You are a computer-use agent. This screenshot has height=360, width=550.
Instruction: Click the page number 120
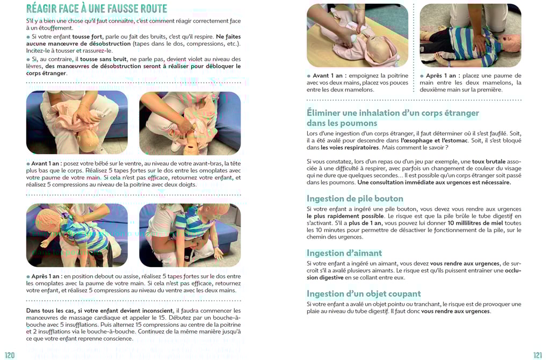[x=10, y=355]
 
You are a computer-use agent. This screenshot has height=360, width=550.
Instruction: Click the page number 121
[x=538, y=355]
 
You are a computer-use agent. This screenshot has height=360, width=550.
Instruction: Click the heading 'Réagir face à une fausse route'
[x=97, y=9]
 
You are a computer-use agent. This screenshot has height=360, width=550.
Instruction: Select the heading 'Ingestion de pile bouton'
[x=355, y=199]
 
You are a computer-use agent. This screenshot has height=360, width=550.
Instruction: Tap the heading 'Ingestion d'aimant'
[x=344, y=253]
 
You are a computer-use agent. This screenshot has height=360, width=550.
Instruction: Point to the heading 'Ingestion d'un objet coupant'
[x=364, y=294]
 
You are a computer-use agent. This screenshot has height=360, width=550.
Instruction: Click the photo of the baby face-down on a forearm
[x=77, y=123]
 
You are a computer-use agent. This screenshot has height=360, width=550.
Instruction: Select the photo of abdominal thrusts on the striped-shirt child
[x=190, y=235]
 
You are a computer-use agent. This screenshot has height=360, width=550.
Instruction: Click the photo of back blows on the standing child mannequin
[x=77, y=235]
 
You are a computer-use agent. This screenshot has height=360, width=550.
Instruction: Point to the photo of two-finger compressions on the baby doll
[x=190, y=123]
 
